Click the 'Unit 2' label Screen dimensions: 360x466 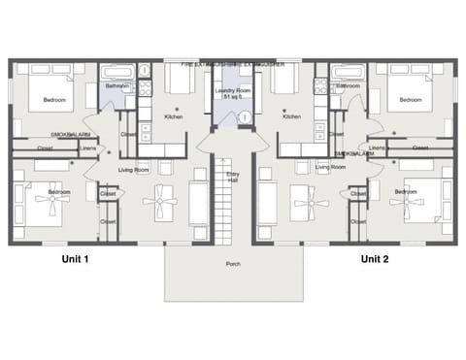tap(375, 259)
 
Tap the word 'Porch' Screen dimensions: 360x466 tap(233, 263)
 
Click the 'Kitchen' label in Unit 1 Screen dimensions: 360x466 tap(173, 116)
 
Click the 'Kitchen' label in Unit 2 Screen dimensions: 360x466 tap(290, 116)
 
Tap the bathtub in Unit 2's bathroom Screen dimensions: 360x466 tap(347, 73)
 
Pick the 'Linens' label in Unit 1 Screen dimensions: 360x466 tap(87, 148)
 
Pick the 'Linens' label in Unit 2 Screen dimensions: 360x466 tap(378, 148)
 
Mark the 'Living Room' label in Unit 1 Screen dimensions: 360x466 tap(133, 169)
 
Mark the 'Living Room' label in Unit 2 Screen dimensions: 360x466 tap(331, 167)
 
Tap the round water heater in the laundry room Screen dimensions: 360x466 tap(244, 117)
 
